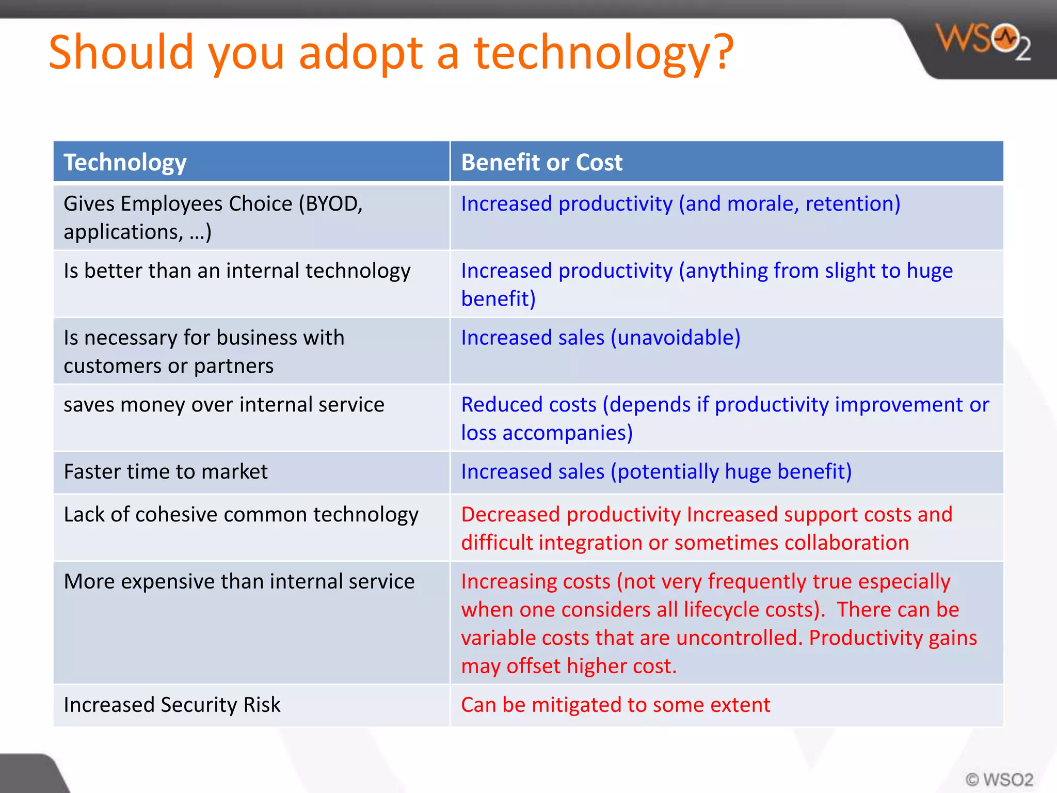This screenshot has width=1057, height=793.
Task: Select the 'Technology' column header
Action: tap(125, 162)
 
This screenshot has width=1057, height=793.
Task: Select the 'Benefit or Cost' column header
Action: tap(541, 162)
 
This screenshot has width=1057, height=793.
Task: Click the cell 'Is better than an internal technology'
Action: tap(237, 271)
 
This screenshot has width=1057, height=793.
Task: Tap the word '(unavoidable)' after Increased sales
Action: tap(676, 338)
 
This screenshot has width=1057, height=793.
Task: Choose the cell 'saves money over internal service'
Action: tap(224, 404)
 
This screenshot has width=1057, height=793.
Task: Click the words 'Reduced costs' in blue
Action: tap(528, 404)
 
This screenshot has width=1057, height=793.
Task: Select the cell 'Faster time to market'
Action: tap(166, 471)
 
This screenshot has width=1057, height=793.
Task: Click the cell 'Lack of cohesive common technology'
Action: tap(241, 515)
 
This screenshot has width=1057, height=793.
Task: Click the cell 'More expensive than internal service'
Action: tap(239, 581)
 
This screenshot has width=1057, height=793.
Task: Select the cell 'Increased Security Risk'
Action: tap(172, 705)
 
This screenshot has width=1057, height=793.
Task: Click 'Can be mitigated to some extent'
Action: tap(615, 705)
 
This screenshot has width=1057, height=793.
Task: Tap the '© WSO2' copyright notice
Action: tap(999, 779)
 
